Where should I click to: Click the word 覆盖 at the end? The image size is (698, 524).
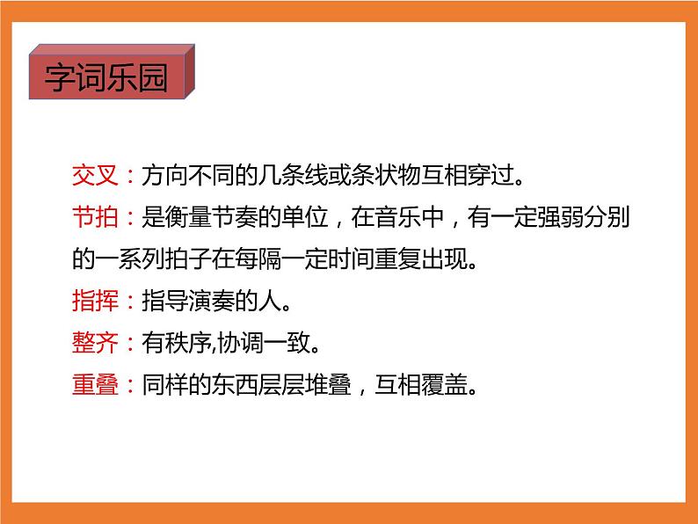pyautogui.click(x=443, y=385)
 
